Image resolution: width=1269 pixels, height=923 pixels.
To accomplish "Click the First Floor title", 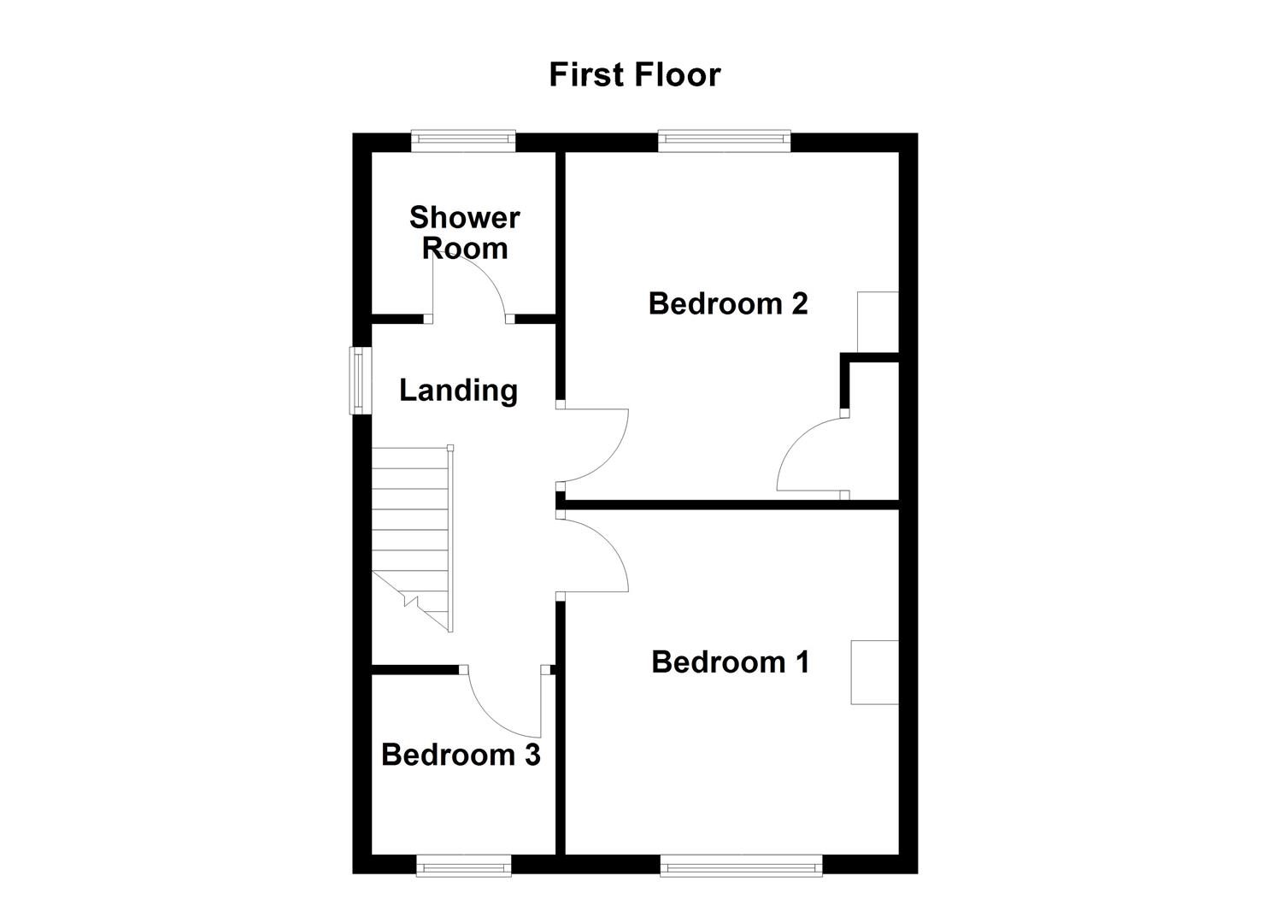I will coord(634,75).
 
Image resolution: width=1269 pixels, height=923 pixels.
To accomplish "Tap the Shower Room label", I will coord(464,232).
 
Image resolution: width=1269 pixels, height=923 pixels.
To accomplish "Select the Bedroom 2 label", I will coord(727,303).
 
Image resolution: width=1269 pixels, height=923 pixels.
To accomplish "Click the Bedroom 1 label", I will coord(730,661).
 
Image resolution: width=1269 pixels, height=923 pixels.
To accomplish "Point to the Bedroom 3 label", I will coord(461,755).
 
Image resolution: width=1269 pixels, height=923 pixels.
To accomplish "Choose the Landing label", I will coord(458,391).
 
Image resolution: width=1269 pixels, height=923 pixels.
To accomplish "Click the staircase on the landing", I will coord(411,538).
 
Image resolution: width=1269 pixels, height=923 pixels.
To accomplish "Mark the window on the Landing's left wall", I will coord(361,381).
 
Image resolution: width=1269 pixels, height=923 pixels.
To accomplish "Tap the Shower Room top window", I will coord(463,141).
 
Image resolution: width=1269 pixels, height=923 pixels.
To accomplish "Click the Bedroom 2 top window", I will coord(724,141).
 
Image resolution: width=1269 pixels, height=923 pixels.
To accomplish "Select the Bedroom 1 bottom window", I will coord(741,867).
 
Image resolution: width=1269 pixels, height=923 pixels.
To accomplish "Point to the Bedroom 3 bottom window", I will coord(463,867).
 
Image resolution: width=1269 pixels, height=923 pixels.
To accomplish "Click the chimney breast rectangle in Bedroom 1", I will coord(874,672).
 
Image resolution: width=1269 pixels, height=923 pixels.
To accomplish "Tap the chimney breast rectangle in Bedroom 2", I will coord(878,321).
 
